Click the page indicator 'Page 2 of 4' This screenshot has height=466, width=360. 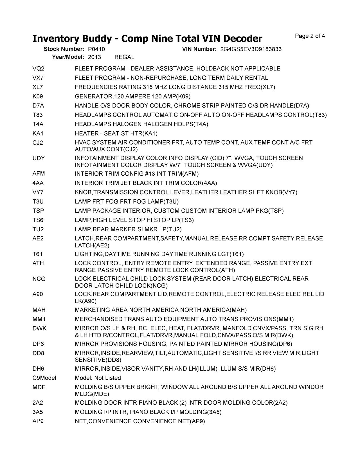click(x=310, y=36)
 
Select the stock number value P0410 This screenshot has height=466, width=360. click(x=96, y=49)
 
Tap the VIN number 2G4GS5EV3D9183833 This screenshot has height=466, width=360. click(x=251, y=49)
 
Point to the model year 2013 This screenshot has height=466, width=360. click(x=94, y=57)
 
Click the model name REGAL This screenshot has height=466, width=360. click(x=124, y=57)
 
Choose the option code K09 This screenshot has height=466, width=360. click(x=38, y=97)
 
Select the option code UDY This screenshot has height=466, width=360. click(x=39, y=158)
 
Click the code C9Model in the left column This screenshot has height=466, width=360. click(x=44, y=378)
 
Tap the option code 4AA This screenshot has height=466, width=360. click(x=38, y=183)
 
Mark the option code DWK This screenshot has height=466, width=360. click(x=40, y=328)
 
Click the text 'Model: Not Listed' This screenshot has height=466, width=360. click(x=98, y=378)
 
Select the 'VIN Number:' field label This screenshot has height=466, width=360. click(x=199, y=49)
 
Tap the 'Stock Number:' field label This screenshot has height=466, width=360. click(x=64, y=49)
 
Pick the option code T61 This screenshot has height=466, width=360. click(x=37, y=254)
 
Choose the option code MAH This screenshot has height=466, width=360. click(x=39, y=310)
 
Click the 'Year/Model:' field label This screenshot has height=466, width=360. click(x=68, y=57)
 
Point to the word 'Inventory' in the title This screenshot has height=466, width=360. click(x=56, y=39)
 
